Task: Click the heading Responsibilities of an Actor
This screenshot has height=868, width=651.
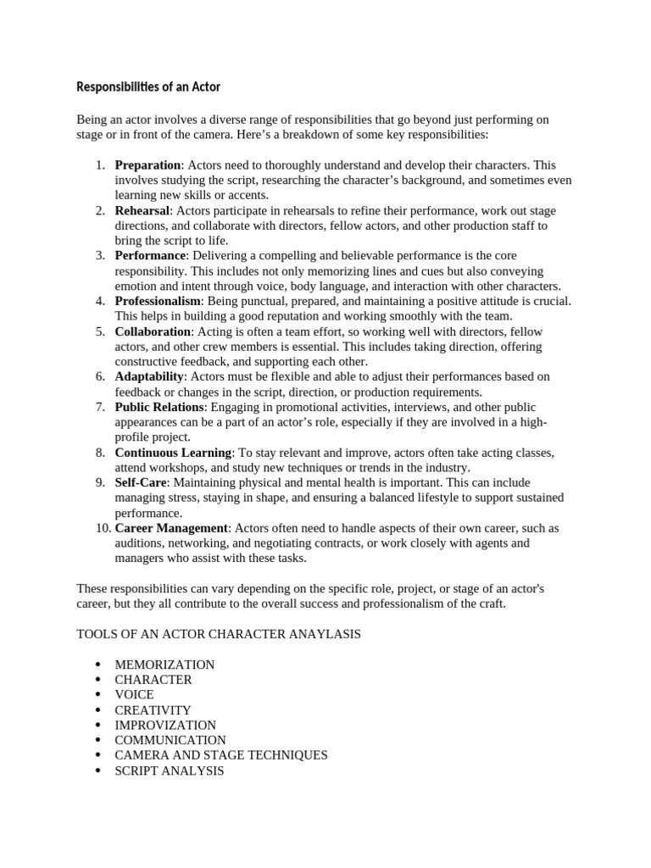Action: [148, 86]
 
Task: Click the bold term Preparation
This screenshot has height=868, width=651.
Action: [147, 164]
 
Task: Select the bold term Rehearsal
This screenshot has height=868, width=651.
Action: [142, 210]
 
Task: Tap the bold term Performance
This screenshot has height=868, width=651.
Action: [150, 255]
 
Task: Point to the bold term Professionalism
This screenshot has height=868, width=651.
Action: [158, 301]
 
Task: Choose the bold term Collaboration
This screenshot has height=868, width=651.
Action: [153, 331]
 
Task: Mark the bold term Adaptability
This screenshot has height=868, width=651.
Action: [149, 376]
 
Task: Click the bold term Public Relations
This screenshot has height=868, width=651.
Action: [159, 407]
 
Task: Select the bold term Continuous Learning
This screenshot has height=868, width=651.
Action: [173, 453]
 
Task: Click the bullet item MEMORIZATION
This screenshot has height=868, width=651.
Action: [164, 665]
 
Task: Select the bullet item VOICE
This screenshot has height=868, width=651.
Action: [134, 694]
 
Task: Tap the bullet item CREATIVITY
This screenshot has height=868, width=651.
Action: [153, 709]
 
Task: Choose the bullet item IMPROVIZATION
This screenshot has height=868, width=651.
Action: [165, 725]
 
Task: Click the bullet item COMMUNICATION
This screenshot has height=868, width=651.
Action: [170, 740]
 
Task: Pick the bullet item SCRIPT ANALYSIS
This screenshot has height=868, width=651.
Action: [170, 771]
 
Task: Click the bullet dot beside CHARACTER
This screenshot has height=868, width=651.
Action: [98, 680]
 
